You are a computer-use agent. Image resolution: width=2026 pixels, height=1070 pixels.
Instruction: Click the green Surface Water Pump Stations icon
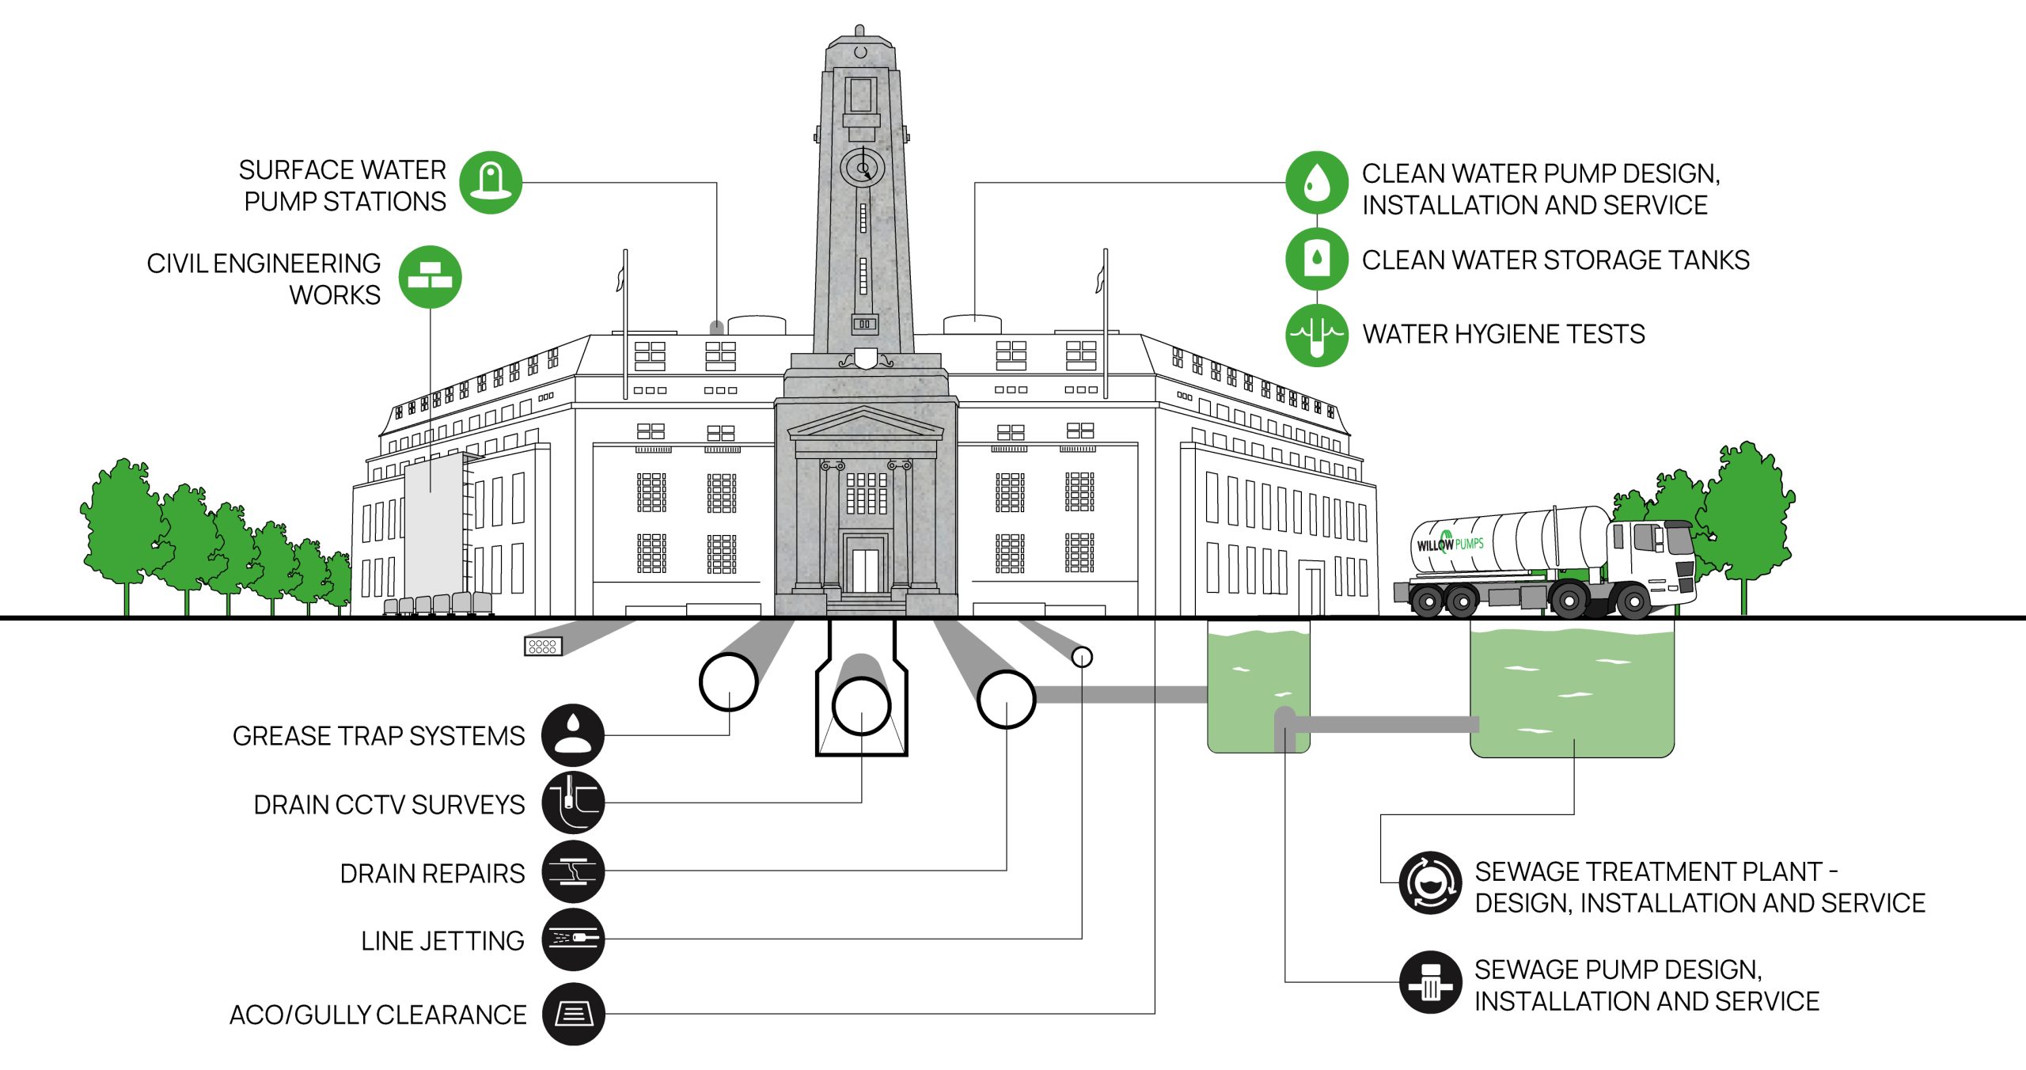(x=491, y=183)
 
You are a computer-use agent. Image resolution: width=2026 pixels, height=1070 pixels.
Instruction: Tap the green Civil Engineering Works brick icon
(x=430, y=277)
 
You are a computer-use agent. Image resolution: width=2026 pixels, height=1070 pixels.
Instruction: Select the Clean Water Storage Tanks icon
(x=1316, y=258)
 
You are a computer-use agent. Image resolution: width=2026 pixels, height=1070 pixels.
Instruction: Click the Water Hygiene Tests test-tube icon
(x=1316, y=334)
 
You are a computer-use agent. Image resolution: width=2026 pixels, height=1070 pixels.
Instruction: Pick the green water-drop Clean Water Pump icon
(x=1316, y=183)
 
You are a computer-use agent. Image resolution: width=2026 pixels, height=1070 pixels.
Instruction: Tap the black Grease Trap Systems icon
(x=573, y=734)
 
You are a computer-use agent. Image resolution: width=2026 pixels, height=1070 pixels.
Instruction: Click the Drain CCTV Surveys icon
(x=573, y=802)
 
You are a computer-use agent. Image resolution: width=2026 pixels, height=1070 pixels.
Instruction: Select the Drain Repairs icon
(x=573, y=871)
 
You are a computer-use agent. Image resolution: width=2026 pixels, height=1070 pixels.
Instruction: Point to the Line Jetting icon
(x=573, y=939)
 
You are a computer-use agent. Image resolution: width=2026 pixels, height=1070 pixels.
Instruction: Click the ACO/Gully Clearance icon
(x=573, y=1014)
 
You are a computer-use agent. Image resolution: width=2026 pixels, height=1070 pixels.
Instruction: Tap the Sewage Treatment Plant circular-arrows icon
(x=1429, y=882)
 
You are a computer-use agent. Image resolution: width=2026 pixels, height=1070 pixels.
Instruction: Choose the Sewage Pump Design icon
(x=1429, y=982)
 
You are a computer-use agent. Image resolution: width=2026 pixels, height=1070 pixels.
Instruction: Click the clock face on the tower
(x=862, y=168)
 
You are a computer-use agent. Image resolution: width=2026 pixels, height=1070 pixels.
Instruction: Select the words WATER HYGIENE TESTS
(x=1503, y=334)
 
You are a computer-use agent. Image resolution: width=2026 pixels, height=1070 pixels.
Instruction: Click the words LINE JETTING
(x=442, y=940)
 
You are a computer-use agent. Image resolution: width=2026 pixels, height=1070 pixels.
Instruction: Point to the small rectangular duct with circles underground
(x=543, y=647)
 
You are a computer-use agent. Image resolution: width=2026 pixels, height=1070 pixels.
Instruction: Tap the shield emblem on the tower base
(x=865, y=359)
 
